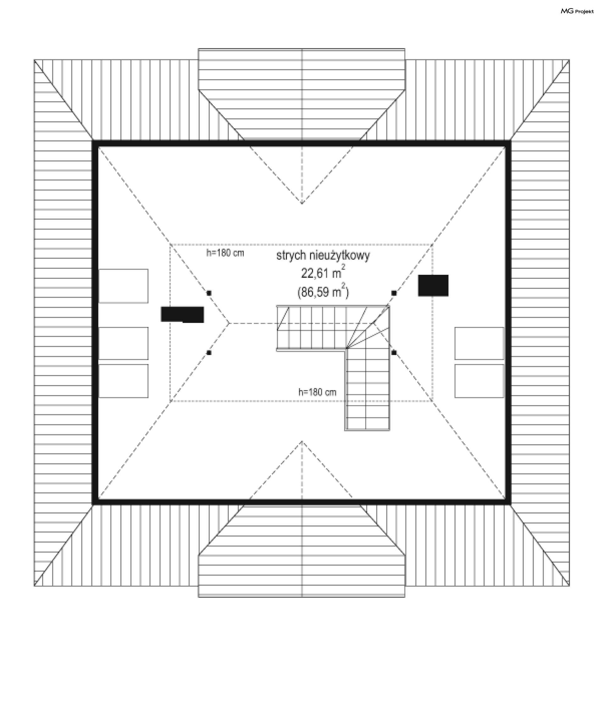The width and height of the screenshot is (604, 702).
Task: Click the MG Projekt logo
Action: pyautogui.click(x=577, y=11)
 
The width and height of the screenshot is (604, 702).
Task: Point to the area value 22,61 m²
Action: pyautogui.click(x=323, y=272)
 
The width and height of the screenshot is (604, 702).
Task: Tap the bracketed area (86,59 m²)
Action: pyautogui.click(x=323, y=291)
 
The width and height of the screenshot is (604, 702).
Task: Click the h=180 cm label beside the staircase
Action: pyautogui.click(x=317, y=392)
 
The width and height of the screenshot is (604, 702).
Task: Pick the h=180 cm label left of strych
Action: pyautogui.click(x=225, y=253)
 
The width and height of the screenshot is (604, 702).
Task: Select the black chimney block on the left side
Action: pyautogui.click(x=182, y=314)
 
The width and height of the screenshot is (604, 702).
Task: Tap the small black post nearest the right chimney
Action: pyautogui.click(x=394, y=293)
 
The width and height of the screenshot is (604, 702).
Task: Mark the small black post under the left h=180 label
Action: pyautogui.click(x=209, y=293)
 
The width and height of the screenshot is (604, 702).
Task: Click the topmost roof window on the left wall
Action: pyautogui.click(x=123, y=286)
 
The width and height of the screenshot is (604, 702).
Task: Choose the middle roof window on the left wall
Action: pyautogui.click(x=123, y=343)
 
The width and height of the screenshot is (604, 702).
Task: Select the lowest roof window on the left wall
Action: pyautogui.click(x=123, y=381)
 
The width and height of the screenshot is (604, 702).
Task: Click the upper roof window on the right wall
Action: pyautogui.click(x=479, y=343)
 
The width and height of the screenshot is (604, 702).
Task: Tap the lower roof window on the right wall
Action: pyautogui.click(x=479, y=381)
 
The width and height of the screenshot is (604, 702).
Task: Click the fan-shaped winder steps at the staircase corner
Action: pyautogui.click(x=368, y=327)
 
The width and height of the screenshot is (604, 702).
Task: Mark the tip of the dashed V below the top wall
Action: pyautogui.click(x=302, y=203)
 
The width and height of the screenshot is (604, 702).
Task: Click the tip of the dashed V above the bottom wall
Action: pyautogui.click(x=302, y=441)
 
